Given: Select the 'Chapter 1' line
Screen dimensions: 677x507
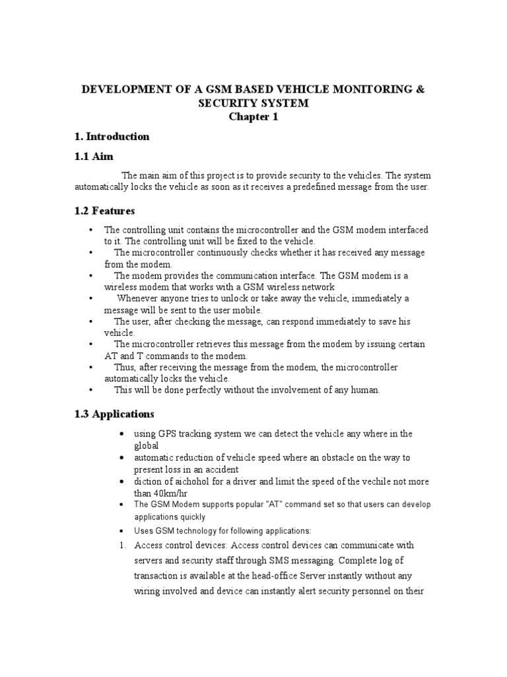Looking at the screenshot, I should tap(254, 117).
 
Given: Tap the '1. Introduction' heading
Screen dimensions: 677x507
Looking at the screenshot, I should tap(112, 137).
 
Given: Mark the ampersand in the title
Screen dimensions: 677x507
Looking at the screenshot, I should tap(421, 89).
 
